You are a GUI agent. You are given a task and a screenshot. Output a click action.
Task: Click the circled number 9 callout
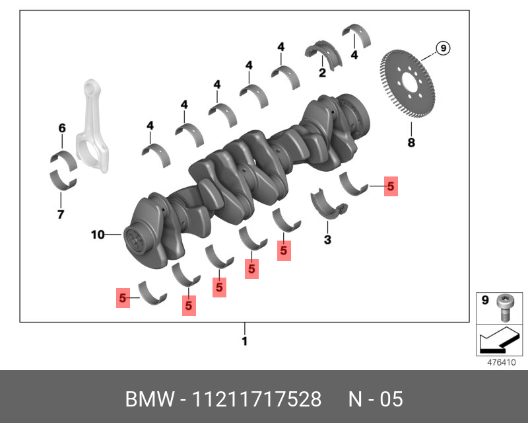443,48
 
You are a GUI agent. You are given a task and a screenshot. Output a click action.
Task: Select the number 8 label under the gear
411,142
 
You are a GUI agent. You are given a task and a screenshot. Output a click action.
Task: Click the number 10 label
98,234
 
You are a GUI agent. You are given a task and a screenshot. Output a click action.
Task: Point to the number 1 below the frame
244,342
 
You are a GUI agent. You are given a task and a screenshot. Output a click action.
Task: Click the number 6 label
62,128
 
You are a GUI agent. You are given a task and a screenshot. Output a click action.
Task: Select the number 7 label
60,213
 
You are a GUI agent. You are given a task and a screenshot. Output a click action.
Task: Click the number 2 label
322,73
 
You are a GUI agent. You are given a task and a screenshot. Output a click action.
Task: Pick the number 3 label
327,239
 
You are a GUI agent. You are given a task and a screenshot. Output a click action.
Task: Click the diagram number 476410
501,362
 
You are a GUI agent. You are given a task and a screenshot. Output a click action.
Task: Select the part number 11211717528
257,400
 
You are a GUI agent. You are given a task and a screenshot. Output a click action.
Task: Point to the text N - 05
375,400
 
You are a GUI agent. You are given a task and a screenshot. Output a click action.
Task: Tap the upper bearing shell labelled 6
63,159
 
